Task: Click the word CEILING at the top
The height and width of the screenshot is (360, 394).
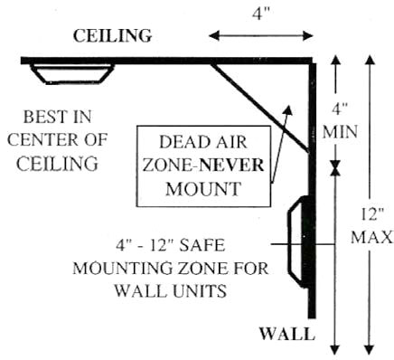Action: click(111, 37)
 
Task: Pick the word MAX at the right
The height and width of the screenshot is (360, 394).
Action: click(373, 238)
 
